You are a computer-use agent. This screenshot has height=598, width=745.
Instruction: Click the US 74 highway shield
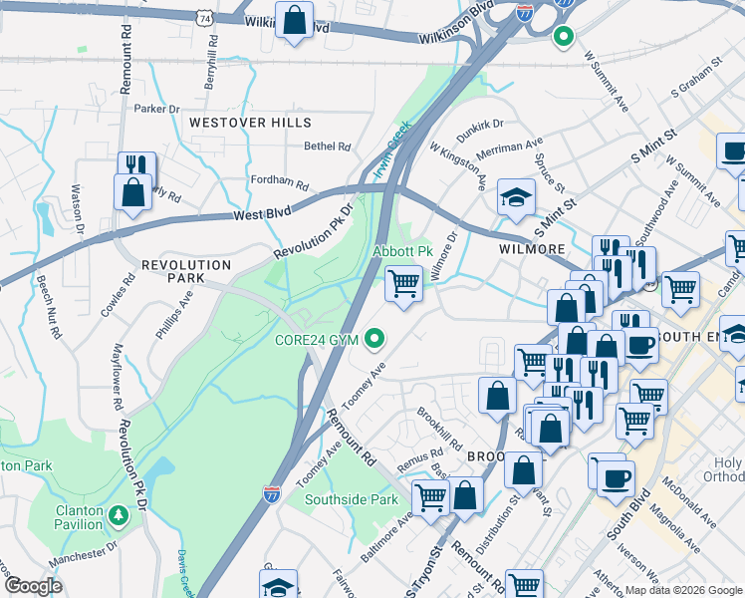(204, 18)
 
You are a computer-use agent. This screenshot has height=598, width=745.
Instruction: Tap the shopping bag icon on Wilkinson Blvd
(295, 21)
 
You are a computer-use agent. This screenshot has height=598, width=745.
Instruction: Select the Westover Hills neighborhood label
(250, 123)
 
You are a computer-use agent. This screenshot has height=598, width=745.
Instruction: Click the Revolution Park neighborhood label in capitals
(186, 265)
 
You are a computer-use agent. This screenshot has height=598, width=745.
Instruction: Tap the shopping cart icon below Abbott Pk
(403, 284)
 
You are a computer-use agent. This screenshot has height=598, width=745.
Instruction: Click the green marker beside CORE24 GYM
(374, 340)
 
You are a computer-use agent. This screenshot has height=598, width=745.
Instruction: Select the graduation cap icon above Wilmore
(516, 197)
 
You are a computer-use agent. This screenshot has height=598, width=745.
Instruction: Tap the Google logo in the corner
(33, 586)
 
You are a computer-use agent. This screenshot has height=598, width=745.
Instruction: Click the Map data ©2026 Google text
(683, 590)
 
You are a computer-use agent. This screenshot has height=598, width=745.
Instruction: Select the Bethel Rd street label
(328, 147)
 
